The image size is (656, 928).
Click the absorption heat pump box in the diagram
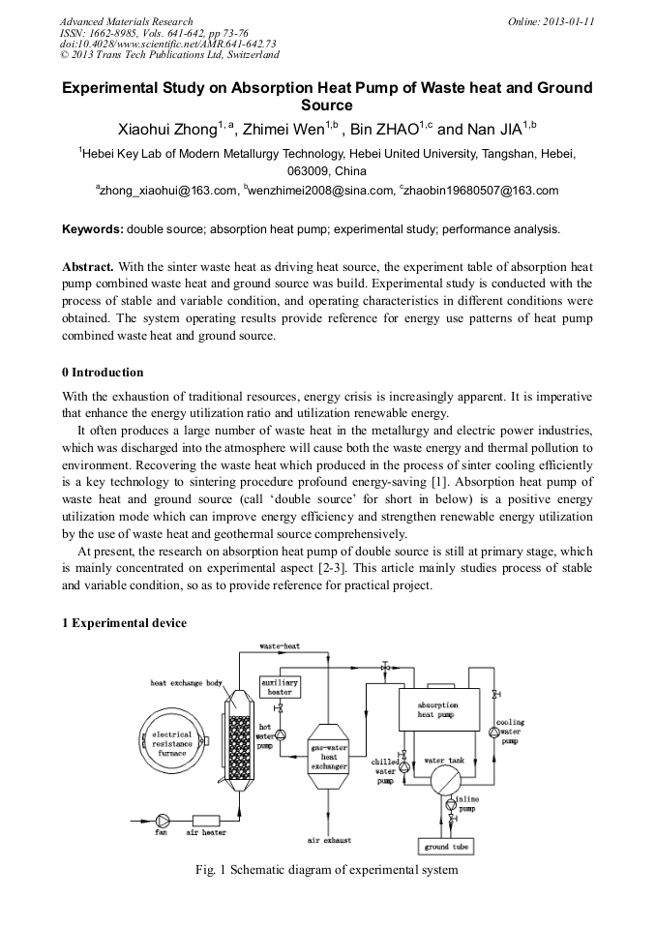click(435, 711)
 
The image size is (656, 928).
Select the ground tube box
click(446, 847)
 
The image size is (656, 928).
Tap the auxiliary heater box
click(280, 687)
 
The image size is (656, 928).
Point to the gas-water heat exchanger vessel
click(328, 755)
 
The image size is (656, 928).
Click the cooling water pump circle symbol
click(494, 733)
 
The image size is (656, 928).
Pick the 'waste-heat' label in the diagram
click(280, 645)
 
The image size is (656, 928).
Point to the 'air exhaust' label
click(329, 840)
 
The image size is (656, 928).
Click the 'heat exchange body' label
click(186, 682)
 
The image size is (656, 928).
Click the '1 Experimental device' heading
click(124, 623)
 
